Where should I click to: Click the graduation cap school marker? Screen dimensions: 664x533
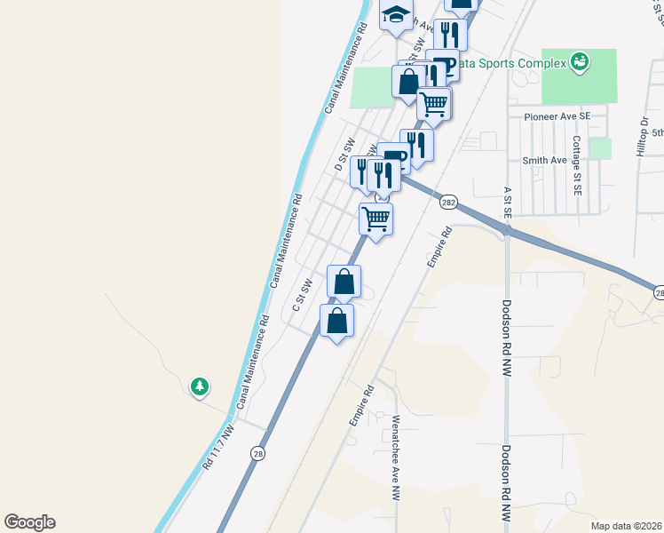pyautogui.click(x=397, y=15)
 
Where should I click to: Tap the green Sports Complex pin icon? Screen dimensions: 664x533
pyautogui.click(x=580, y=61)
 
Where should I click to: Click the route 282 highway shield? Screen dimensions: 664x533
pyautogui.click(x=447, y=203)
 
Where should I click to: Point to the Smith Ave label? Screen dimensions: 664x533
pyautogui.click(x=544, y=160)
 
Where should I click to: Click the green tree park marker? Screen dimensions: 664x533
pyautogui.click(x=201, y=386)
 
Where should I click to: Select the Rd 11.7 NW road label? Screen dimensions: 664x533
pyautogui.click(x=217, y=447)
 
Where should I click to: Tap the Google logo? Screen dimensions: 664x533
pyautogui.click(x=29, y=522)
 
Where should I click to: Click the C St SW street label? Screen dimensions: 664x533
pyautogui.click(x=304, y=295)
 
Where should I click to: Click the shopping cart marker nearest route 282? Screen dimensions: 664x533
pyautogui.click(x=375, y=218)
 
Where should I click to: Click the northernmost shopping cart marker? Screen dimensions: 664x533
pyautogui.click(x=434, y=103)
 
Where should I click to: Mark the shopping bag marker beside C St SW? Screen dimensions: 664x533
pyautogui.click(x=344, y=282)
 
